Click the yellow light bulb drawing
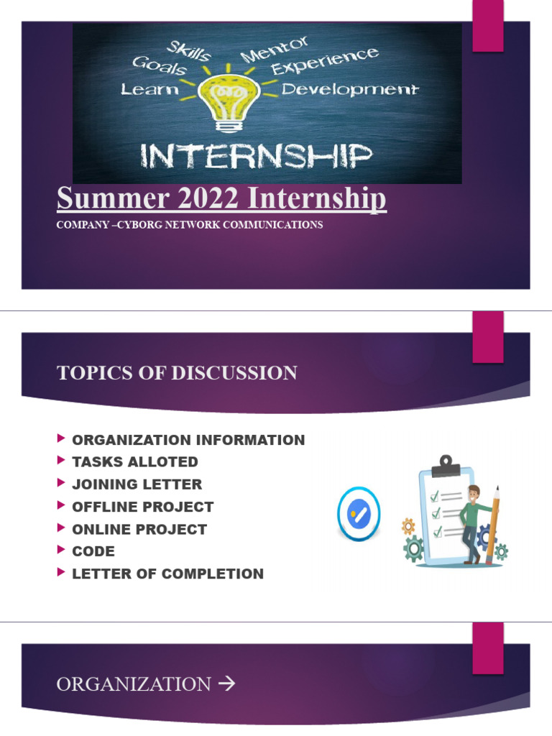coord(229,99)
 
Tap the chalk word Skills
coord(189,51)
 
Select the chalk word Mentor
coord(275,50)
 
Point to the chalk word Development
coord(350,89)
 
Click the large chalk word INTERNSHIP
coord(257,156)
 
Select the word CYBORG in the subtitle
coord(140,225)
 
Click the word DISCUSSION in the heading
coord(234,373)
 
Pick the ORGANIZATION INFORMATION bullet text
coord(188,440)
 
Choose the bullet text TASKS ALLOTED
coord(134,462)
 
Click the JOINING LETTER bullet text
coord(137,484)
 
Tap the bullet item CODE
coord(93,551)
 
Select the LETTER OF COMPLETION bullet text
coord(167,574)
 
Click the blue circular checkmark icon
coord(359,514)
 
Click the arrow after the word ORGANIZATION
coord(226,684)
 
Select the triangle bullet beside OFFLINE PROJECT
coord(60,505)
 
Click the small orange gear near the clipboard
coord(408,526)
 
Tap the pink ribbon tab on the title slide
coord(488,26)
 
